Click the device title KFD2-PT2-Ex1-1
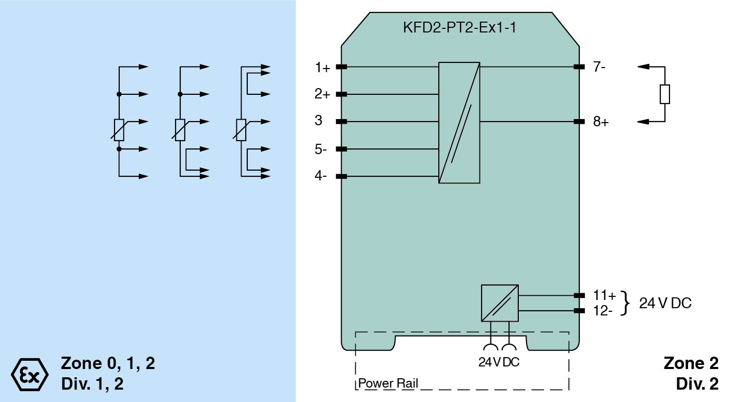point(459,28)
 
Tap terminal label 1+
point(323,67)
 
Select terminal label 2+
point(323,94)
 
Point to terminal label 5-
point(321,149)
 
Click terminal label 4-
point(321,176)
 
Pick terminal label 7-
point(599,67)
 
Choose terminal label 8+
point(601,122)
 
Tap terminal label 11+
point(604,296)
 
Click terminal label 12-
point(603,311)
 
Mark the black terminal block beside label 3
point(341,122)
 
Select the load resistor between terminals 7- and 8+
point(665,94)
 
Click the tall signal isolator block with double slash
point(459,123)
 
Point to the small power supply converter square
point(499,303)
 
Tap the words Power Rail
point(388,383)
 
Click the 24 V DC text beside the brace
point(665,303)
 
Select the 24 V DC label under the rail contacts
point(499,362)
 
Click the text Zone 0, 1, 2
point(108,363)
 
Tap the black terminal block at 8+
point(579,122)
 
